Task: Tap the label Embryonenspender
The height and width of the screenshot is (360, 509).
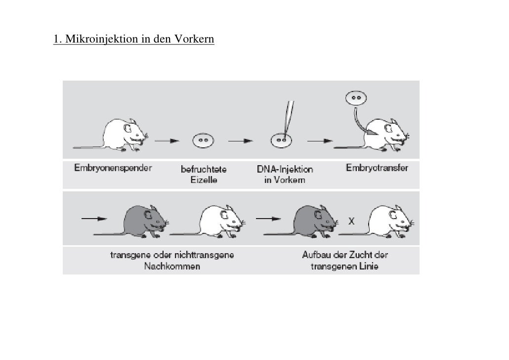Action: coord(113,168)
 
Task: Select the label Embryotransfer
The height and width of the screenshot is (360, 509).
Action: coord(377,168)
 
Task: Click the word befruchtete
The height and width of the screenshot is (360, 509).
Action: coord(204,170)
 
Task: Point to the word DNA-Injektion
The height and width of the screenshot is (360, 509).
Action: coord(285,170)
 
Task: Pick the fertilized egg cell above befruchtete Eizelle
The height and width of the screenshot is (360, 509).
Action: coord(203,140)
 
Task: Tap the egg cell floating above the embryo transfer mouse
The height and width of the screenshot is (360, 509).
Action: coord(354,98)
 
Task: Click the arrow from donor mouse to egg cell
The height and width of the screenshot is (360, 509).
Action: coord(167,140)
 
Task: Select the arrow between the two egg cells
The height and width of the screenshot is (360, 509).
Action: coord(241,140)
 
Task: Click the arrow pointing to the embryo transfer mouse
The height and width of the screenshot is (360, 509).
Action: coord(320,140)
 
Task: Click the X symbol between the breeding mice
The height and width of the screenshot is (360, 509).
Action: coord(351,222)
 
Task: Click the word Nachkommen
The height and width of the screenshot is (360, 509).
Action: coord(172,267)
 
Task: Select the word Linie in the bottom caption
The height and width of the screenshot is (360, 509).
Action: coord(367,267)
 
